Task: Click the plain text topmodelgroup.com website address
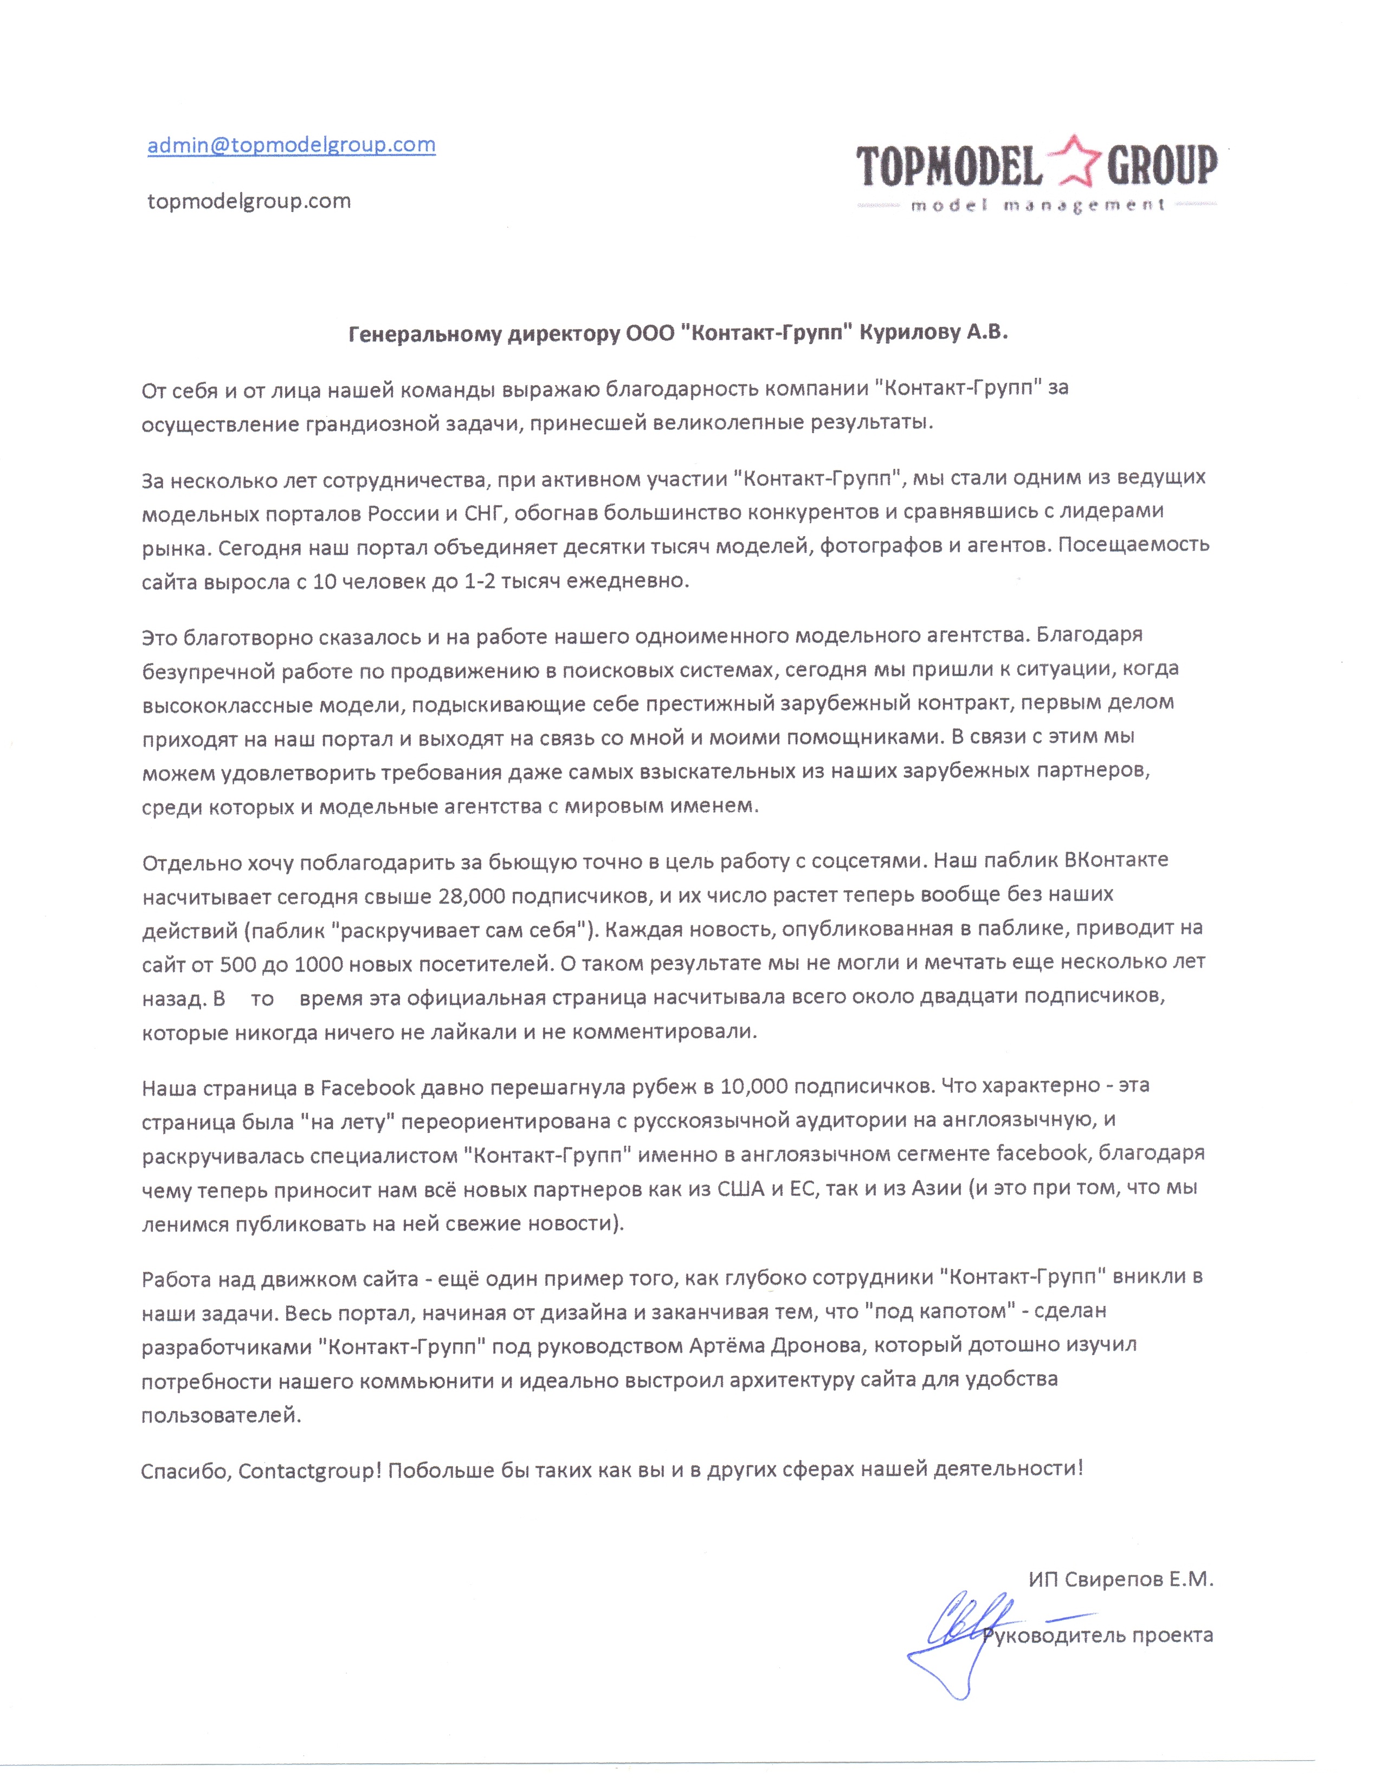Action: click(x=248, y=201)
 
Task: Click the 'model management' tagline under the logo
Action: click(x=1037, y=206)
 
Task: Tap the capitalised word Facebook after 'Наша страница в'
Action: click(x=368, y=1087)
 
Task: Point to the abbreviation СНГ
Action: click(x=483, y=512)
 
